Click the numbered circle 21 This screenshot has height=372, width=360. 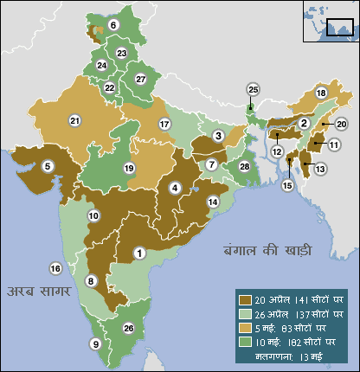click(x=74, y=120)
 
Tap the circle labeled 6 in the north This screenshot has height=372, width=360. click(x=113, y=25)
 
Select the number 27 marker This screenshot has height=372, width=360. click(x=140, y=80)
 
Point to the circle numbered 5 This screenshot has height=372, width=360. click(x=48, y=164)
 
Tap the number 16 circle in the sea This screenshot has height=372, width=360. click(x=55, y=268)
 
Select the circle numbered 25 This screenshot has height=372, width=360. click(x=253, y=89)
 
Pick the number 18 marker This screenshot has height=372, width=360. click(x=321, y=93)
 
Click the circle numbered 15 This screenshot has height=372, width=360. click(x=287, y=184)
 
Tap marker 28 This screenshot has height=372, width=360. click(x=245, y=166)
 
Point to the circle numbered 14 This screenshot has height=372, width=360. click(x=212, y=202)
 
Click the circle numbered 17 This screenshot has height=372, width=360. click(x=164, y=125)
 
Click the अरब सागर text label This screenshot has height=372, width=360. click(x=38, y=291)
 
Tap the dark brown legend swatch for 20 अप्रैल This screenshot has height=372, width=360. click(x=245, y=299)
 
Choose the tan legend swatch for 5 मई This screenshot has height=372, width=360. click(x=245, y=328)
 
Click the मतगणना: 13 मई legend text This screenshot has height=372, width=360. click(x=286, y=355)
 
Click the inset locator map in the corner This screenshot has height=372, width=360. click(x=329, y=21)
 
